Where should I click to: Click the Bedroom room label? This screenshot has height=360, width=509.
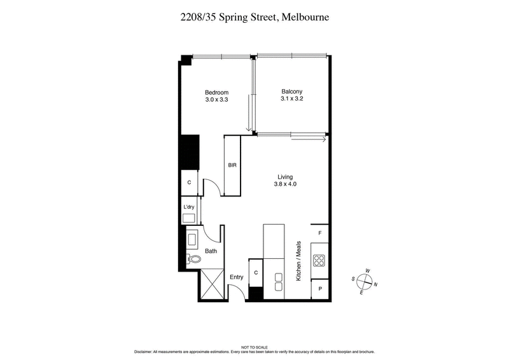(x=216, y=92)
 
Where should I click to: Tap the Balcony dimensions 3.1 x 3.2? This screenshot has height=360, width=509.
(x=291, y=99)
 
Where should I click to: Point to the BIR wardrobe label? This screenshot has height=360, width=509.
(x=232, y=165)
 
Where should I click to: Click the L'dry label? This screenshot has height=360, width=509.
(x=188, y=208)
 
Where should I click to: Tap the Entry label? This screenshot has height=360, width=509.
(x=237, y=277)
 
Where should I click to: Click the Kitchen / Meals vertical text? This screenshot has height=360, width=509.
(x=296, y=261)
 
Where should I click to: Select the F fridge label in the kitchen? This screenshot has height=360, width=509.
(x=319, y=233)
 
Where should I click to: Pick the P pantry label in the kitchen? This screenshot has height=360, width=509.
(x=319, y=288)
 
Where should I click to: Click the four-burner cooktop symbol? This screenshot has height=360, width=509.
(x=319, y=261)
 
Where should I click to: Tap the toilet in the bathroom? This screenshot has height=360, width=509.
(x=193, y=259)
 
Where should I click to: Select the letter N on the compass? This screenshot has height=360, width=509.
(x=376, y=285)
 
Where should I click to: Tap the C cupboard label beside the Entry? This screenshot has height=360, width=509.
(x=255, y=272)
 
